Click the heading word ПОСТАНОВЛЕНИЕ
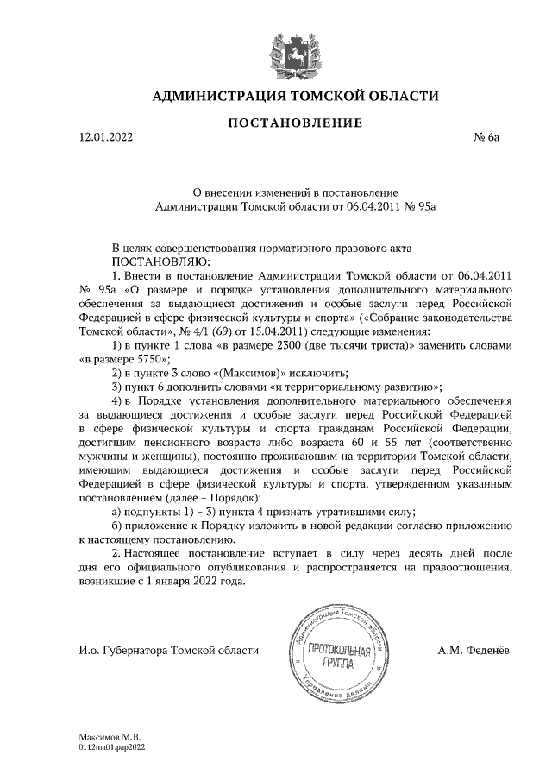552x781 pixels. point(294,123)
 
